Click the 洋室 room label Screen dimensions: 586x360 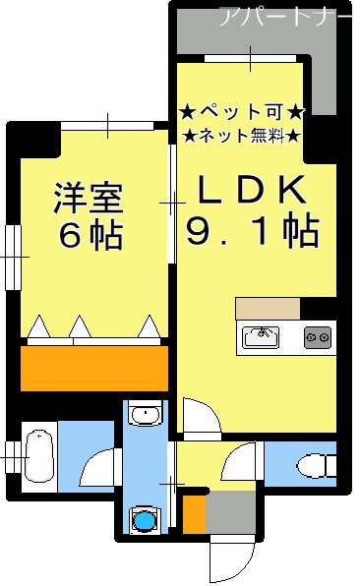[x=88, y=199]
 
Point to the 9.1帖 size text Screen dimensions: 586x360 [x=252, y=230]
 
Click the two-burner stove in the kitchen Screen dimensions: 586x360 [x=317, y=337]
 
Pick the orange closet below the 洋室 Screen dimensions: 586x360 [x=93, y=368]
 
